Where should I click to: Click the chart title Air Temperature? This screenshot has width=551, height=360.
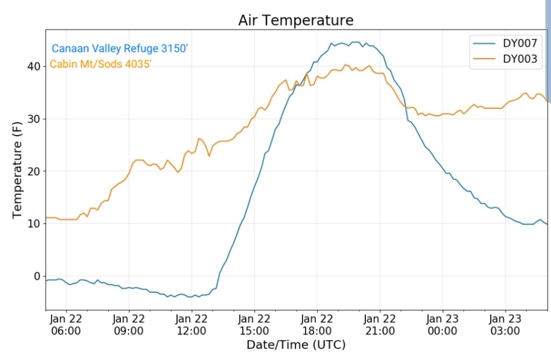(296, 20)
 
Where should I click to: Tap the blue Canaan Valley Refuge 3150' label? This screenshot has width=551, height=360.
(119, 48)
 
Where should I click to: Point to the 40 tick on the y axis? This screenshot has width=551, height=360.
(33, 66)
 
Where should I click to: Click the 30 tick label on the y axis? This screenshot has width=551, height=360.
(33, 119)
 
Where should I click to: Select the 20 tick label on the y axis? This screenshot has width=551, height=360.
(33, 171)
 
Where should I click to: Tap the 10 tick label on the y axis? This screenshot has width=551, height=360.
(33, 224)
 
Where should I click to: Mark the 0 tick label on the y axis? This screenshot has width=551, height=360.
(37, 276)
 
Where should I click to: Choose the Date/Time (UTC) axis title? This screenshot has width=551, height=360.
(296, 345)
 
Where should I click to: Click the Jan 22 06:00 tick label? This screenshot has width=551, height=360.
(66, 324)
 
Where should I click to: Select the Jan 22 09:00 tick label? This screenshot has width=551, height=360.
(129, 324)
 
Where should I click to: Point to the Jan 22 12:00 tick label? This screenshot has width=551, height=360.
(191, 324)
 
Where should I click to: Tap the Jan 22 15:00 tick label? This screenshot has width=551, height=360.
(254, 324)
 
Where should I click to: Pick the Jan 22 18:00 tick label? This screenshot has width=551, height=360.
(317, 324)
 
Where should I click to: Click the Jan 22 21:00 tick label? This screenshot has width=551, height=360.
(379, 324)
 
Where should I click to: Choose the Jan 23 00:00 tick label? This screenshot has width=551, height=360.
(442, 324)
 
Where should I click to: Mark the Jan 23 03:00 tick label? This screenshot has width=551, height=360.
(505, 324)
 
